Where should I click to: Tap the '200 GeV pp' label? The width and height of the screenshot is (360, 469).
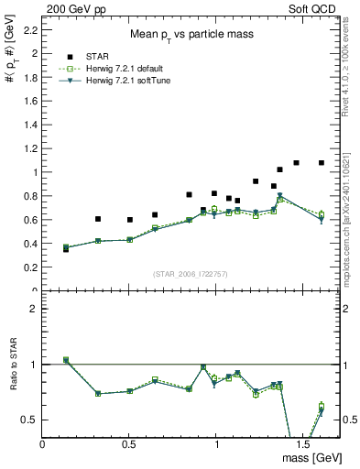coord(73,8)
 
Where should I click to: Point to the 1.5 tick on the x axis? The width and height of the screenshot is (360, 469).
coord(303,442)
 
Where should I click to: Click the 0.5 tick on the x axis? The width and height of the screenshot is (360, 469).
coord(130,442)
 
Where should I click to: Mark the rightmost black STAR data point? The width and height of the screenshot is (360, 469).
coord(322,163)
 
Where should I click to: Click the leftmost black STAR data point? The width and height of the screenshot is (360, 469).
coord(65,249)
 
